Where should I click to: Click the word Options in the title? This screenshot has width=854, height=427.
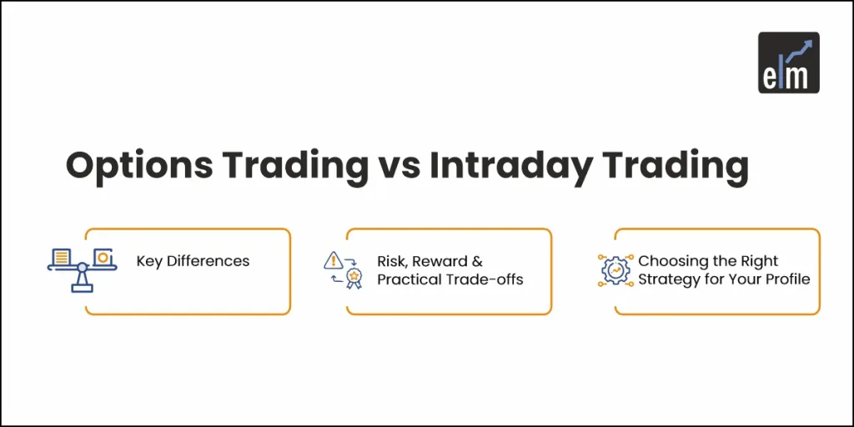[x=137, y=165]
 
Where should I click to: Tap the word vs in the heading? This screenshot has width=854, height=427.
[x=397, y=165]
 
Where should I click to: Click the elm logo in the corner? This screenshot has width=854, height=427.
[x=788, y=62]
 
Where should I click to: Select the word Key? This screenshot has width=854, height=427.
[x=149, y=261]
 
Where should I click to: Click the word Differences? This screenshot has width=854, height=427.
[x=208, y=261]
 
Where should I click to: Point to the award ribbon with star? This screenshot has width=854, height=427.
[x=354, y=276]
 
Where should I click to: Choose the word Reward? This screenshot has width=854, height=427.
[x=440, y=262]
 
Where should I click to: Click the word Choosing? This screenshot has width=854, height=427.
[x=672, y=262]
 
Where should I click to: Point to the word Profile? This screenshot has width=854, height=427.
[x=787, y=279]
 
